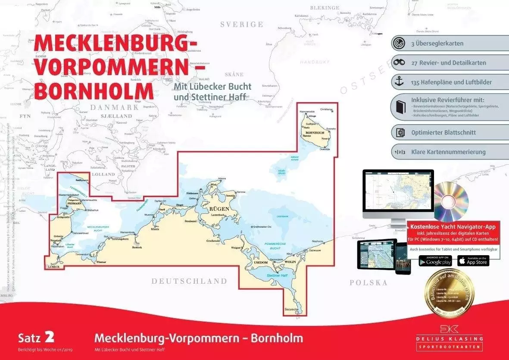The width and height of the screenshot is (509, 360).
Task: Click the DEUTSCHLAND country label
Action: [x=189, y=281]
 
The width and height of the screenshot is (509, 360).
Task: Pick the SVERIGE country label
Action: [x=241, y=25]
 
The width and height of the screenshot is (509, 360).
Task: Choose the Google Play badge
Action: [x=435, y=261]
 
